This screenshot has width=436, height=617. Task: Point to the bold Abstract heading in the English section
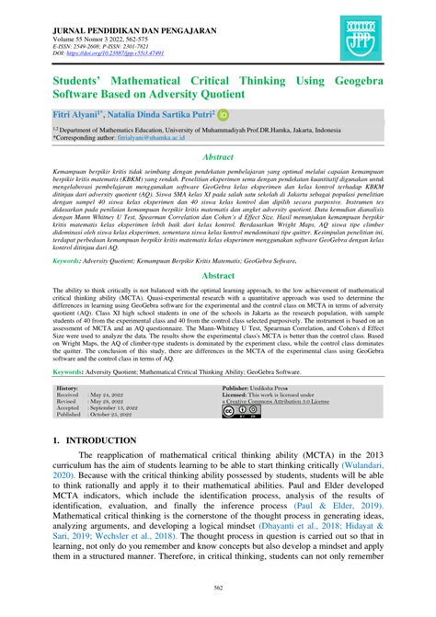click(217, 275)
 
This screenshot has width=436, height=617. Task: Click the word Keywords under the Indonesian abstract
click(75, 261)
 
